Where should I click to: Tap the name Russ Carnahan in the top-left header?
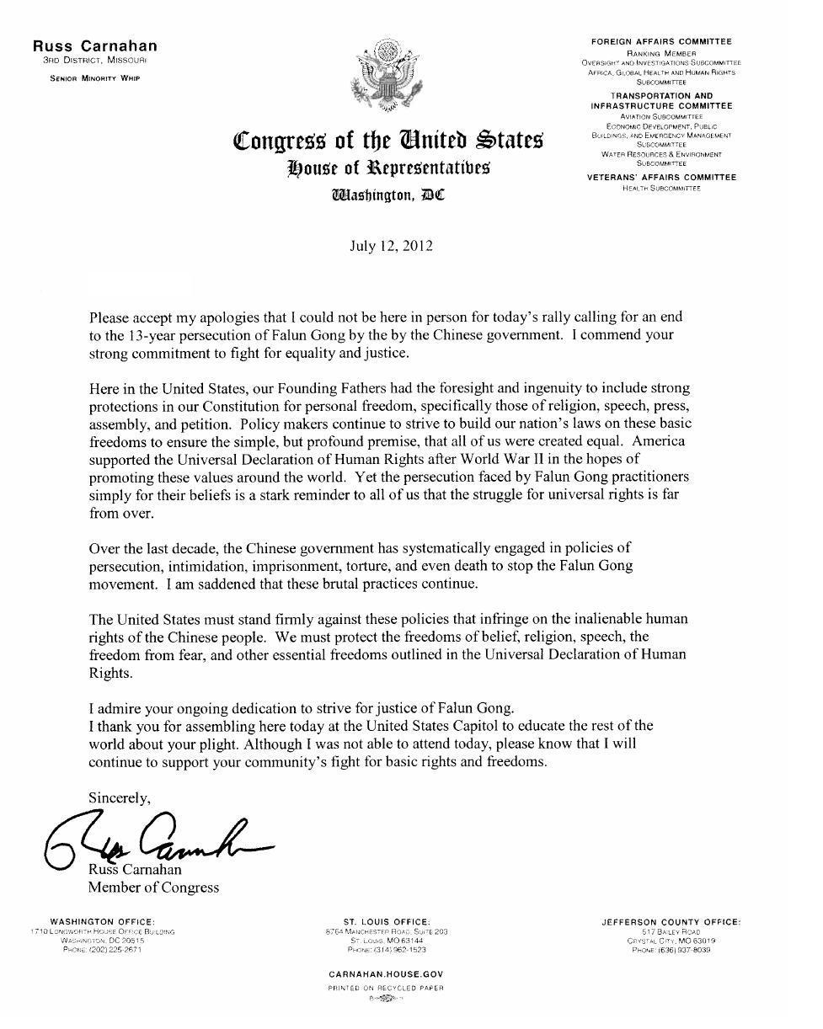tap(95, 46)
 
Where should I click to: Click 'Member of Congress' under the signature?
tap(153, 887)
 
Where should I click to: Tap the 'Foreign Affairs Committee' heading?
tap(661, 41)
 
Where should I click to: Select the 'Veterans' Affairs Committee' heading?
tap(661, 178)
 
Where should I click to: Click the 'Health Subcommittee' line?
tap(661, 188)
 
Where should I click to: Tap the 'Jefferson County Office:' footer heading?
tap(671, 923)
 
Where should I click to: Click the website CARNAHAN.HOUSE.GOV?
tap(387, 973)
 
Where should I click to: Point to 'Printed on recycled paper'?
tap(387, 987)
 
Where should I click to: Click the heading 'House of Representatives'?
tap(388, 168)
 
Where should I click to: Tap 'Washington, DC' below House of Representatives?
tap(388, 196)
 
